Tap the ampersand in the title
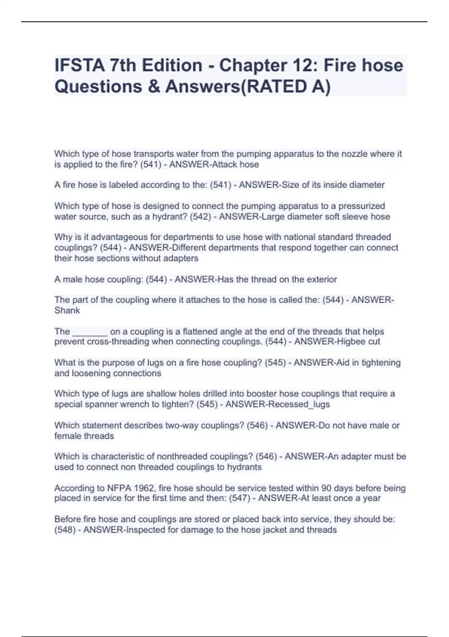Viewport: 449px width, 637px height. (x=154, y=87)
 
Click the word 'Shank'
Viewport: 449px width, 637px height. (x=67, y=310)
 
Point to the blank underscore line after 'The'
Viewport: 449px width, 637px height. (x=90, y=332)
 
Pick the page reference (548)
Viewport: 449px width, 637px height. (x=65, y=530)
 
